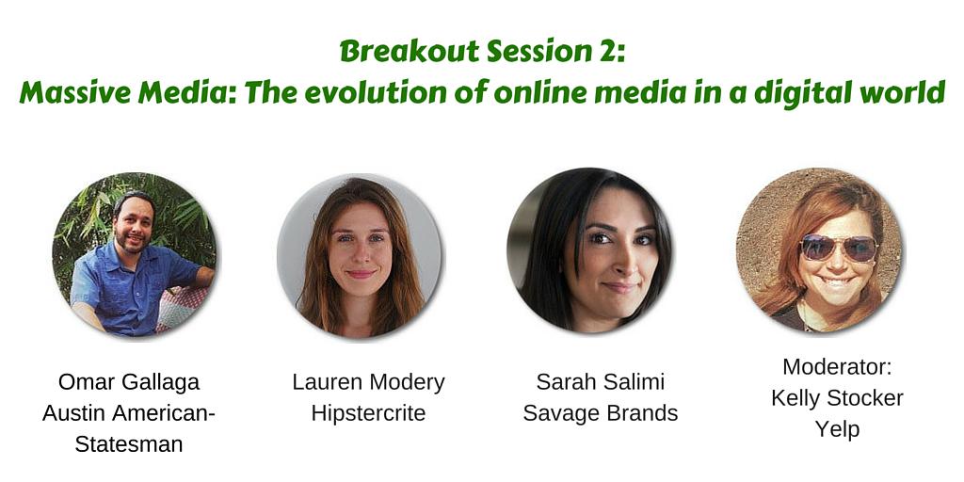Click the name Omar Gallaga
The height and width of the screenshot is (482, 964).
129,381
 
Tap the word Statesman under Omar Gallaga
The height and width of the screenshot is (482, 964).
129,443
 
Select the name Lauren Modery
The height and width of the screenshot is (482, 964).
368,382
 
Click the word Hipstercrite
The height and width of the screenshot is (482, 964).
368,413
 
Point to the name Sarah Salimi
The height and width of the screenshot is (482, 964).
600,382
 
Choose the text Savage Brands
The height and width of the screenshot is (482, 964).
600,413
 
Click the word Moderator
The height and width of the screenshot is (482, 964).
837,367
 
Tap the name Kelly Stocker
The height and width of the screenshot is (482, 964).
837,398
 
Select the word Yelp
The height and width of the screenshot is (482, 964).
837,429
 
